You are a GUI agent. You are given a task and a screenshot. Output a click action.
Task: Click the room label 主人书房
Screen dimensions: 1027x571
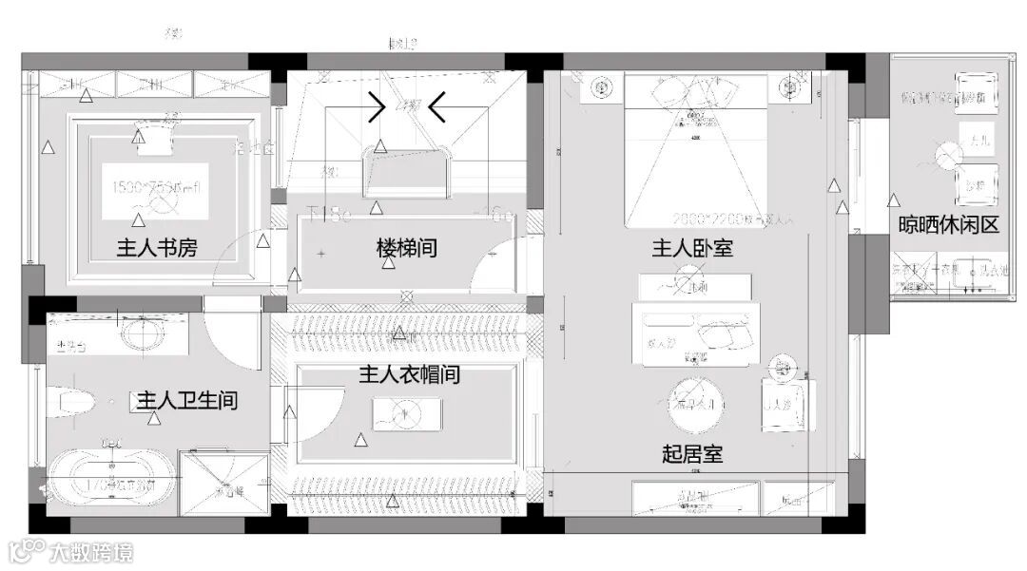click(157, 249)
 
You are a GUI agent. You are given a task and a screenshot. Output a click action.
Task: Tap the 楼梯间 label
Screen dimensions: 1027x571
click(406, 249)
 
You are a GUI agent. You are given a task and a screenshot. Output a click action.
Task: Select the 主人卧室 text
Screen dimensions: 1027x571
click(691, 249)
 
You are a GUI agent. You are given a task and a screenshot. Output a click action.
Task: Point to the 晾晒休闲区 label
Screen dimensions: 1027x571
click(948, 225)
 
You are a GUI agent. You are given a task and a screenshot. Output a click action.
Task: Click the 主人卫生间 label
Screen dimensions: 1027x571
click(187, 400)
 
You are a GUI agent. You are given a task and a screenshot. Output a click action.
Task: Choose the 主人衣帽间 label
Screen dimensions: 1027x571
click(409, 374)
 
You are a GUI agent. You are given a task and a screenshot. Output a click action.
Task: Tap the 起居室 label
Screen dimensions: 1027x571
click(691, 454)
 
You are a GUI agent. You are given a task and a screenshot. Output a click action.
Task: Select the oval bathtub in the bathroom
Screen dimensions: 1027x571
click(112, 483)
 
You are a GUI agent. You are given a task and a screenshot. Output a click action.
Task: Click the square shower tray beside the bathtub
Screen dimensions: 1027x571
click(225, 483)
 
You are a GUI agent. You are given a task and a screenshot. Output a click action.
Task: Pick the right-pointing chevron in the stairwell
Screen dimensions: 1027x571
click(377, 108)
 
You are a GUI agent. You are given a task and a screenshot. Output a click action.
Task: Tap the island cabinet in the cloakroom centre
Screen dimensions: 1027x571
click(406, 412)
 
